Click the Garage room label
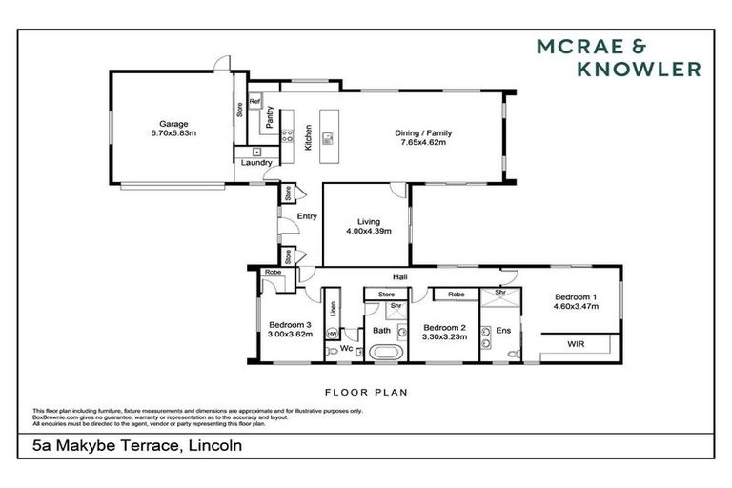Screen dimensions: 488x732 173,124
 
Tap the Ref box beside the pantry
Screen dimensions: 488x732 254,101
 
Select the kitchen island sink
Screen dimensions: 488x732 328,137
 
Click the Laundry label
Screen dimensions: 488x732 256,163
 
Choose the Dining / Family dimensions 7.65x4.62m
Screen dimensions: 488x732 421,143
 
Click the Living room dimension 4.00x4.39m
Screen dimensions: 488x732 368,230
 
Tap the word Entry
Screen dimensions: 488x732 307,216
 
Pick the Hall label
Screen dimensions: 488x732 398,277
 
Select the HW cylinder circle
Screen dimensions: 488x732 332,334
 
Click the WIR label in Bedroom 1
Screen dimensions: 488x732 576,343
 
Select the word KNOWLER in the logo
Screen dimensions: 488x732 639,69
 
